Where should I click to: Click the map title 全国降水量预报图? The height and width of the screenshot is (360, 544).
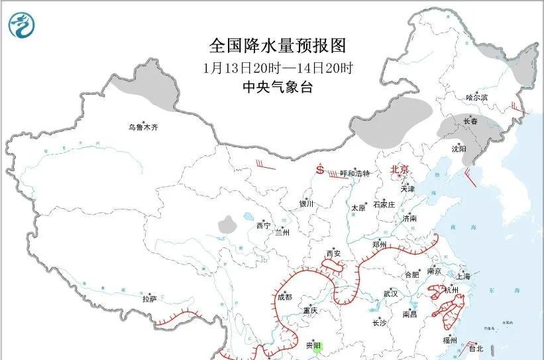pos(278,46)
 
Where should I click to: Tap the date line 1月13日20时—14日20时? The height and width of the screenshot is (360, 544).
pos(278,68)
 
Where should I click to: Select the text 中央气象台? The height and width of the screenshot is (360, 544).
pos(278,88)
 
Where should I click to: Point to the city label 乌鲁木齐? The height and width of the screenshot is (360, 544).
pos(144,127)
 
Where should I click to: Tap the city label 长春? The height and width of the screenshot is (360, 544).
pos(470,121)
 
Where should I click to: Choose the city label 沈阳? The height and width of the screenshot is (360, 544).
pos(459,149)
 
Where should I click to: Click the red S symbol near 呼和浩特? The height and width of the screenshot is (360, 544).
pos(321,170)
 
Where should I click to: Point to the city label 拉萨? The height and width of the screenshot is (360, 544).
pos(149,299)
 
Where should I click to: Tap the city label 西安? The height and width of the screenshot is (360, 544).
pos(333,254)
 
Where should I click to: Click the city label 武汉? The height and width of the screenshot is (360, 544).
pos(390,293)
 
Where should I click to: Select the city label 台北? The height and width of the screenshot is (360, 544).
pos(475,348)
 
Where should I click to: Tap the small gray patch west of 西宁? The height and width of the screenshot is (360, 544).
pos(228,224)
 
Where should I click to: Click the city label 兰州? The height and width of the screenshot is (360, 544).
pos(282,233)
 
